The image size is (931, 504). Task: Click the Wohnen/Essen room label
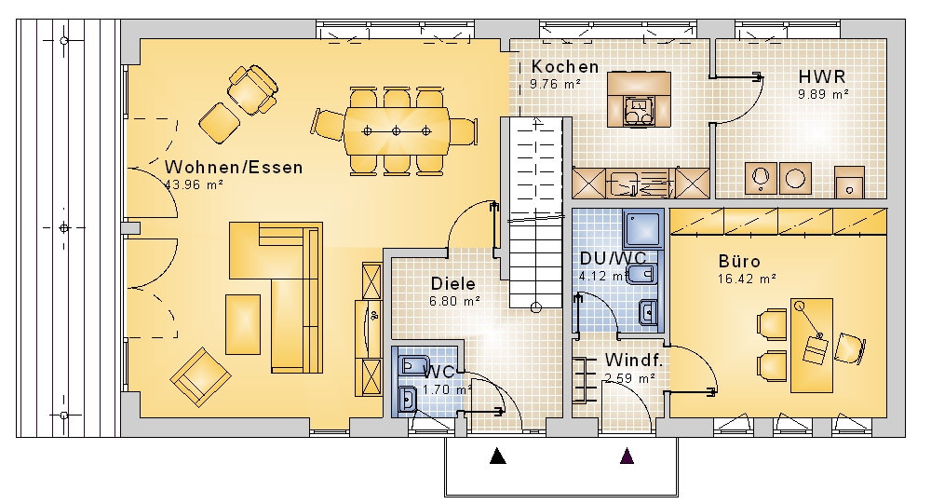pos(234,167)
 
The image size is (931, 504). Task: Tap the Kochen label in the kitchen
pos(565,66)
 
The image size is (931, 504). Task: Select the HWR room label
pos(822,76)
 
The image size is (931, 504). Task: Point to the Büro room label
pos(739,261)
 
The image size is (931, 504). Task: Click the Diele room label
pos(453,283)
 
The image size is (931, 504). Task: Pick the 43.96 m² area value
pos(194,184)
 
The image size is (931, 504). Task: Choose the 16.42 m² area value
pos(747,279)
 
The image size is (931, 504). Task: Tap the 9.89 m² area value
pos(823,94)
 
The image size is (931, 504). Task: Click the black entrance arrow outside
pos(497,456)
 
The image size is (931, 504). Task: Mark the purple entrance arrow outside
pos(627,456)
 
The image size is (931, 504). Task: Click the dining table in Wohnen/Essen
pos(396,130)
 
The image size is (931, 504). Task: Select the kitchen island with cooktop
pos(639,100)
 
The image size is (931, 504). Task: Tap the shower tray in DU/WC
pos(643,229)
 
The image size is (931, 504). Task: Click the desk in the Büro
pos(812,346)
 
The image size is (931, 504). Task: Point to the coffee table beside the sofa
pos(243,324)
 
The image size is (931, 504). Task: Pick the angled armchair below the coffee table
pos(200,376)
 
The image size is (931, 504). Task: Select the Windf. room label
pos(633,360)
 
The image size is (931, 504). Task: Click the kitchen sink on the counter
pos(622,183)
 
